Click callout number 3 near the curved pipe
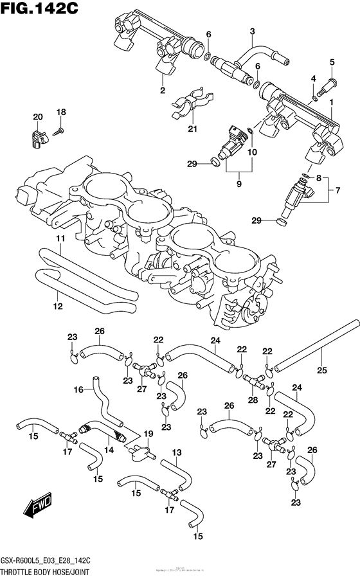coord(252,31)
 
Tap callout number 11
coord(59,239)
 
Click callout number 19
coord(148,434)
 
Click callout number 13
coord(177,452)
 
